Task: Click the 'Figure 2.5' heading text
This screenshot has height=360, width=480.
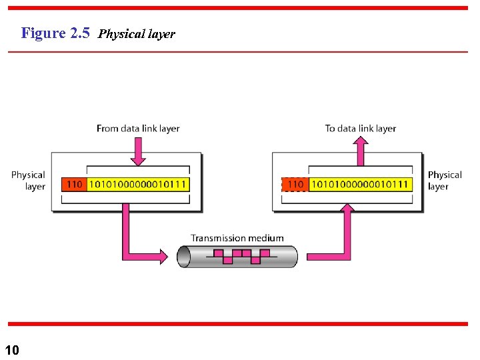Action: point(55,33)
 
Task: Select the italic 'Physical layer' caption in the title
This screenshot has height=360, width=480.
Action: point(136,34)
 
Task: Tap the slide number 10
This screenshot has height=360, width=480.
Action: point(12,349)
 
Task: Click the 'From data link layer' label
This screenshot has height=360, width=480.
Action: point(138,128)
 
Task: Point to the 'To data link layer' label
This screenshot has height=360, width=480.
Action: point(360,128)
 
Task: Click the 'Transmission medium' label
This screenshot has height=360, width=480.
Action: point(237,238)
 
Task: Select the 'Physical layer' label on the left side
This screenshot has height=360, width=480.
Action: point(28,180)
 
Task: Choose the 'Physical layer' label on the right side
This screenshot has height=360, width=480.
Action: point(445,180)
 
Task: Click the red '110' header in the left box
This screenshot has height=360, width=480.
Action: point(73,184)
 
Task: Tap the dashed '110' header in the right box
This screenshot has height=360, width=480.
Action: point(295,184)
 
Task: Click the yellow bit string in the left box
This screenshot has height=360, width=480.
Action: point(137,184)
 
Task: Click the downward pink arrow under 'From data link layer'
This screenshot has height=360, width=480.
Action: point(138,151)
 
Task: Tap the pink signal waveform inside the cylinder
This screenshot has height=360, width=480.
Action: point(237,256)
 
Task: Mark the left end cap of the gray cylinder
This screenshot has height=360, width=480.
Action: point(183,257)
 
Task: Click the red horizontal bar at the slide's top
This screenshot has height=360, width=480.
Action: point(240,8)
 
